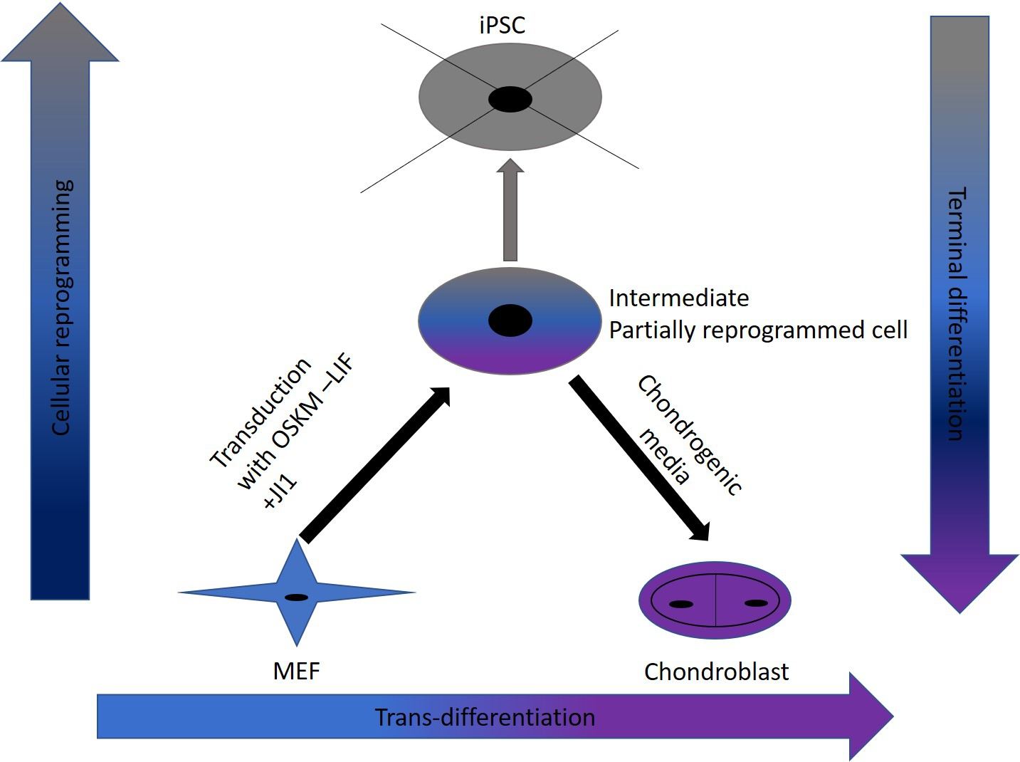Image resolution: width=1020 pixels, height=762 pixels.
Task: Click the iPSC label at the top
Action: coord(502,26)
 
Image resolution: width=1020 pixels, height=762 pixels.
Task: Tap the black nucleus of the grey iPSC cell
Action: coord(510,100)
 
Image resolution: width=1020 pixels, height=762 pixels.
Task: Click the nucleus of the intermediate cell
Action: coord(510,320)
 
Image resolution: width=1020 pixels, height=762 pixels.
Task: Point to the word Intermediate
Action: coord(678,298)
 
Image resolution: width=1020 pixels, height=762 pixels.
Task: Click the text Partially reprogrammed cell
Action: coord(758,330)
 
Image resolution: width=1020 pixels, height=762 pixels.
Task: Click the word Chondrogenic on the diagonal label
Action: coord(689,434)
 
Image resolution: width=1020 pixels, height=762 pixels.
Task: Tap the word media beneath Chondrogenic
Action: coord(664,456)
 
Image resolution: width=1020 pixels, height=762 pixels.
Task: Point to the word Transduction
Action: coord(261,413)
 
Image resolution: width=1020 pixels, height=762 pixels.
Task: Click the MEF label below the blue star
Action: coord(296,671)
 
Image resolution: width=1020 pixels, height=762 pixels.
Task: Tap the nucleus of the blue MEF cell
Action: coord(296,597)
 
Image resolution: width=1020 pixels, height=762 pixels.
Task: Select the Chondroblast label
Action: coord(716,672)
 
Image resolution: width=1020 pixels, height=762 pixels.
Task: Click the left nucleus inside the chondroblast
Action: coord(681,605)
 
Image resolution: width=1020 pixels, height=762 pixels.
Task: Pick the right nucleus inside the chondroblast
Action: coord(755,603)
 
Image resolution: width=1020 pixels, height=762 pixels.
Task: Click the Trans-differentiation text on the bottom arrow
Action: coord(485,717)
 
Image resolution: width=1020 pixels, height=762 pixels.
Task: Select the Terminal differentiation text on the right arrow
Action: coord(957,313)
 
